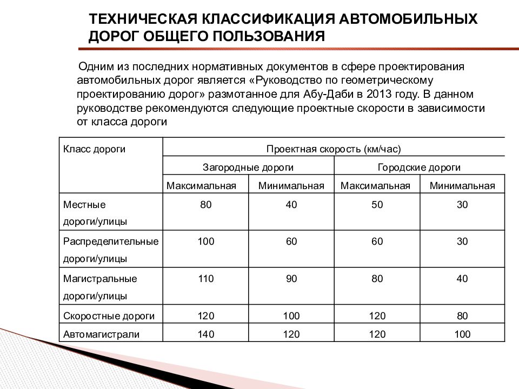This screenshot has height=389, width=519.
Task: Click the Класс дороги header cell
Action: (x=95, y=149)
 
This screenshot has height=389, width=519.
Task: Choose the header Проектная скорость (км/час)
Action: (x=334, y=149)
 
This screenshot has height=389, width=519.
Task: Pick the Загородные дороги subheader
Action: (x=248, y=167)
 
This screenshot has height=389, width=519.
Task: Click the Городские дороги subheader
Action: (x=419, y=167)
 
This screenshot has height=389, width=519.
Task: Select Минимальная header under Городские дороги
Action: (x=462, y=186)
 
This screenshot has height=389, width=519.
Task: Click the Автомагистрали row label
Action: (x=101, y=334)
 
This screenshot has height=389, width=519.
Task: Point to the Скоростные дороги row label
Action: (x=109, y=316)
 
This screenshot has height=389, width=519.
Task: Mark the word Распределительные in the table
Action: (x=111, y=242)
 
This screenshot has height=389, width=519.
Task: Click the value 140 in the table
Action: (x=205, y=334)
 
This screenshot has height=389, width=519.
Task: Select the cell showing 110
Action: (x=205, y=279)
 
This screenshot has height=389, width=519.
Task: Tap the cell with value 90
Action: (x=291, y=279)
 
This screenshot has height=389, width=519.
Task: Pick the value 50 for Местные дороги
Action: (x=377, y=205)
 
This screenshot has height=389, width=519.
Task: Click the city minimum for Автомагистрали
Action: (x=462, y=334)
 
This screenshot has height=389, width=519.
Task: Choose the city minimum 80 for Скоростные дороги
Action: (x=462, y=316)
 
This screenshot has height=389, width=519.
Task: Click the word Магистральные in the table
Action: (x=100, y=279)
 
